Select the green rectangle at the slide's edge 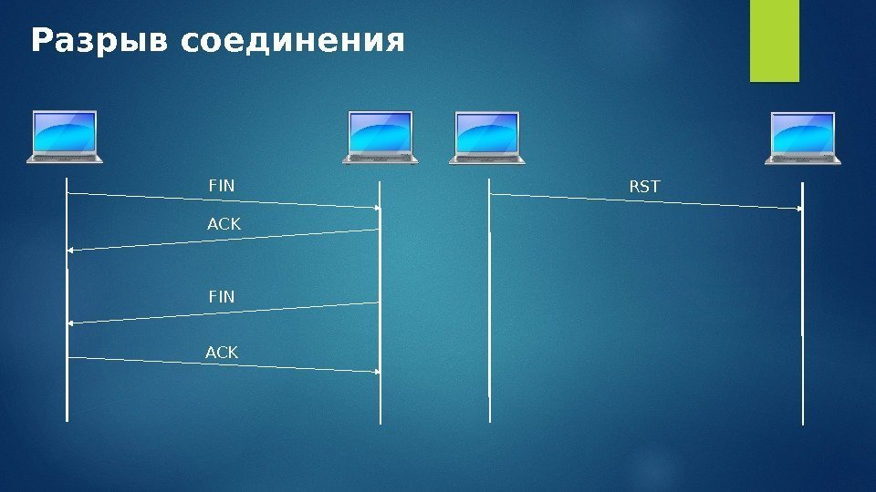774,41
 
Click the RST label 644,187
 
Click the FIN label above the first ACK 222,186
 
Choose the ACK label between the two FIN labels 223,223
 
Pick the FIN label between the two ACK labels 222,297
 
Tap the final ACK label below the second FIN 223,352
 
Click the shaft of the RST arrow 639,201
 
